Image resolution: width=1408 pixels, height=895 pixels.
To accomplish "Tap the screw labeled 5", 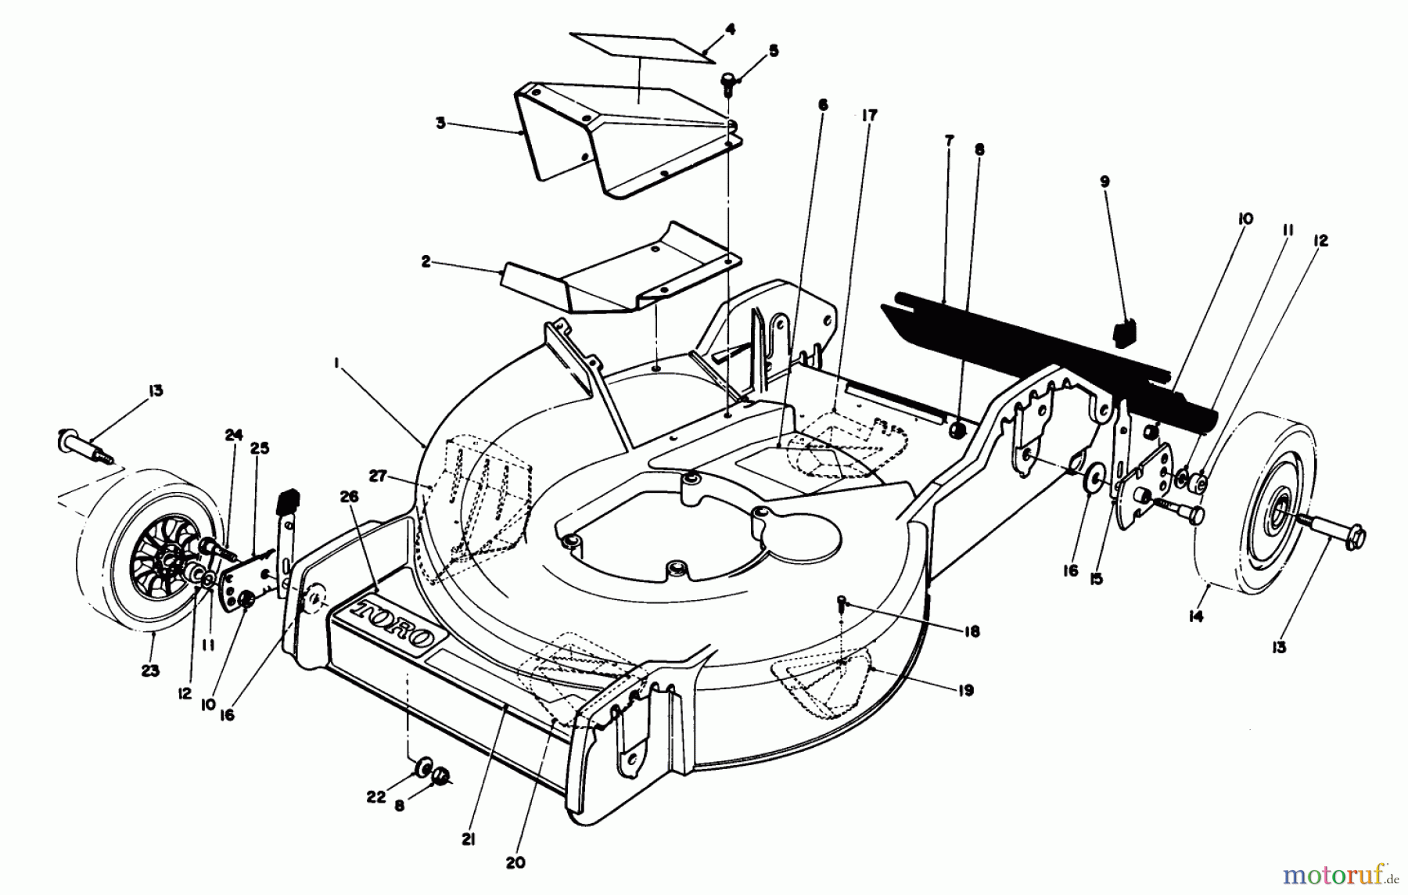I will coord(727,81).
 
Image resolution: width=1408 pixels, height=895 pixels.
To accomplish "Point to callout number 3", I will coord(441,124).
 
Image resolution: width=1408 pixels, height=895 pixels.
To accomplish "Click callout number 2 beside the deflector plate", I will coord(426,262).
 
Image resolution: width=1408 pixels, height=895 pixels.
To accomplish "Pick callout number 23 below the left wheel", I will coord(150,670).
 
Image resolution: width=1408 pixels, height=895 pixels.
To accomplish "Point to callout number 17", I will coord(870,115).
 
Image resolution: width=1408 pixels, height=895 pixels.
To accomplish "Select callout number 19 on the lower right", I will coord(965,690).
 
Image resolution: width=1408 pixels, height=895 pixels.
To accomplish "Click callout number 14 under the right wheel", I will coord(1195,616).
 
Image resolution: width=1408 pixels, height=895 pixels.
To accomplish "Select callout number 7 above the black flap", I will coord(949,141).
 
